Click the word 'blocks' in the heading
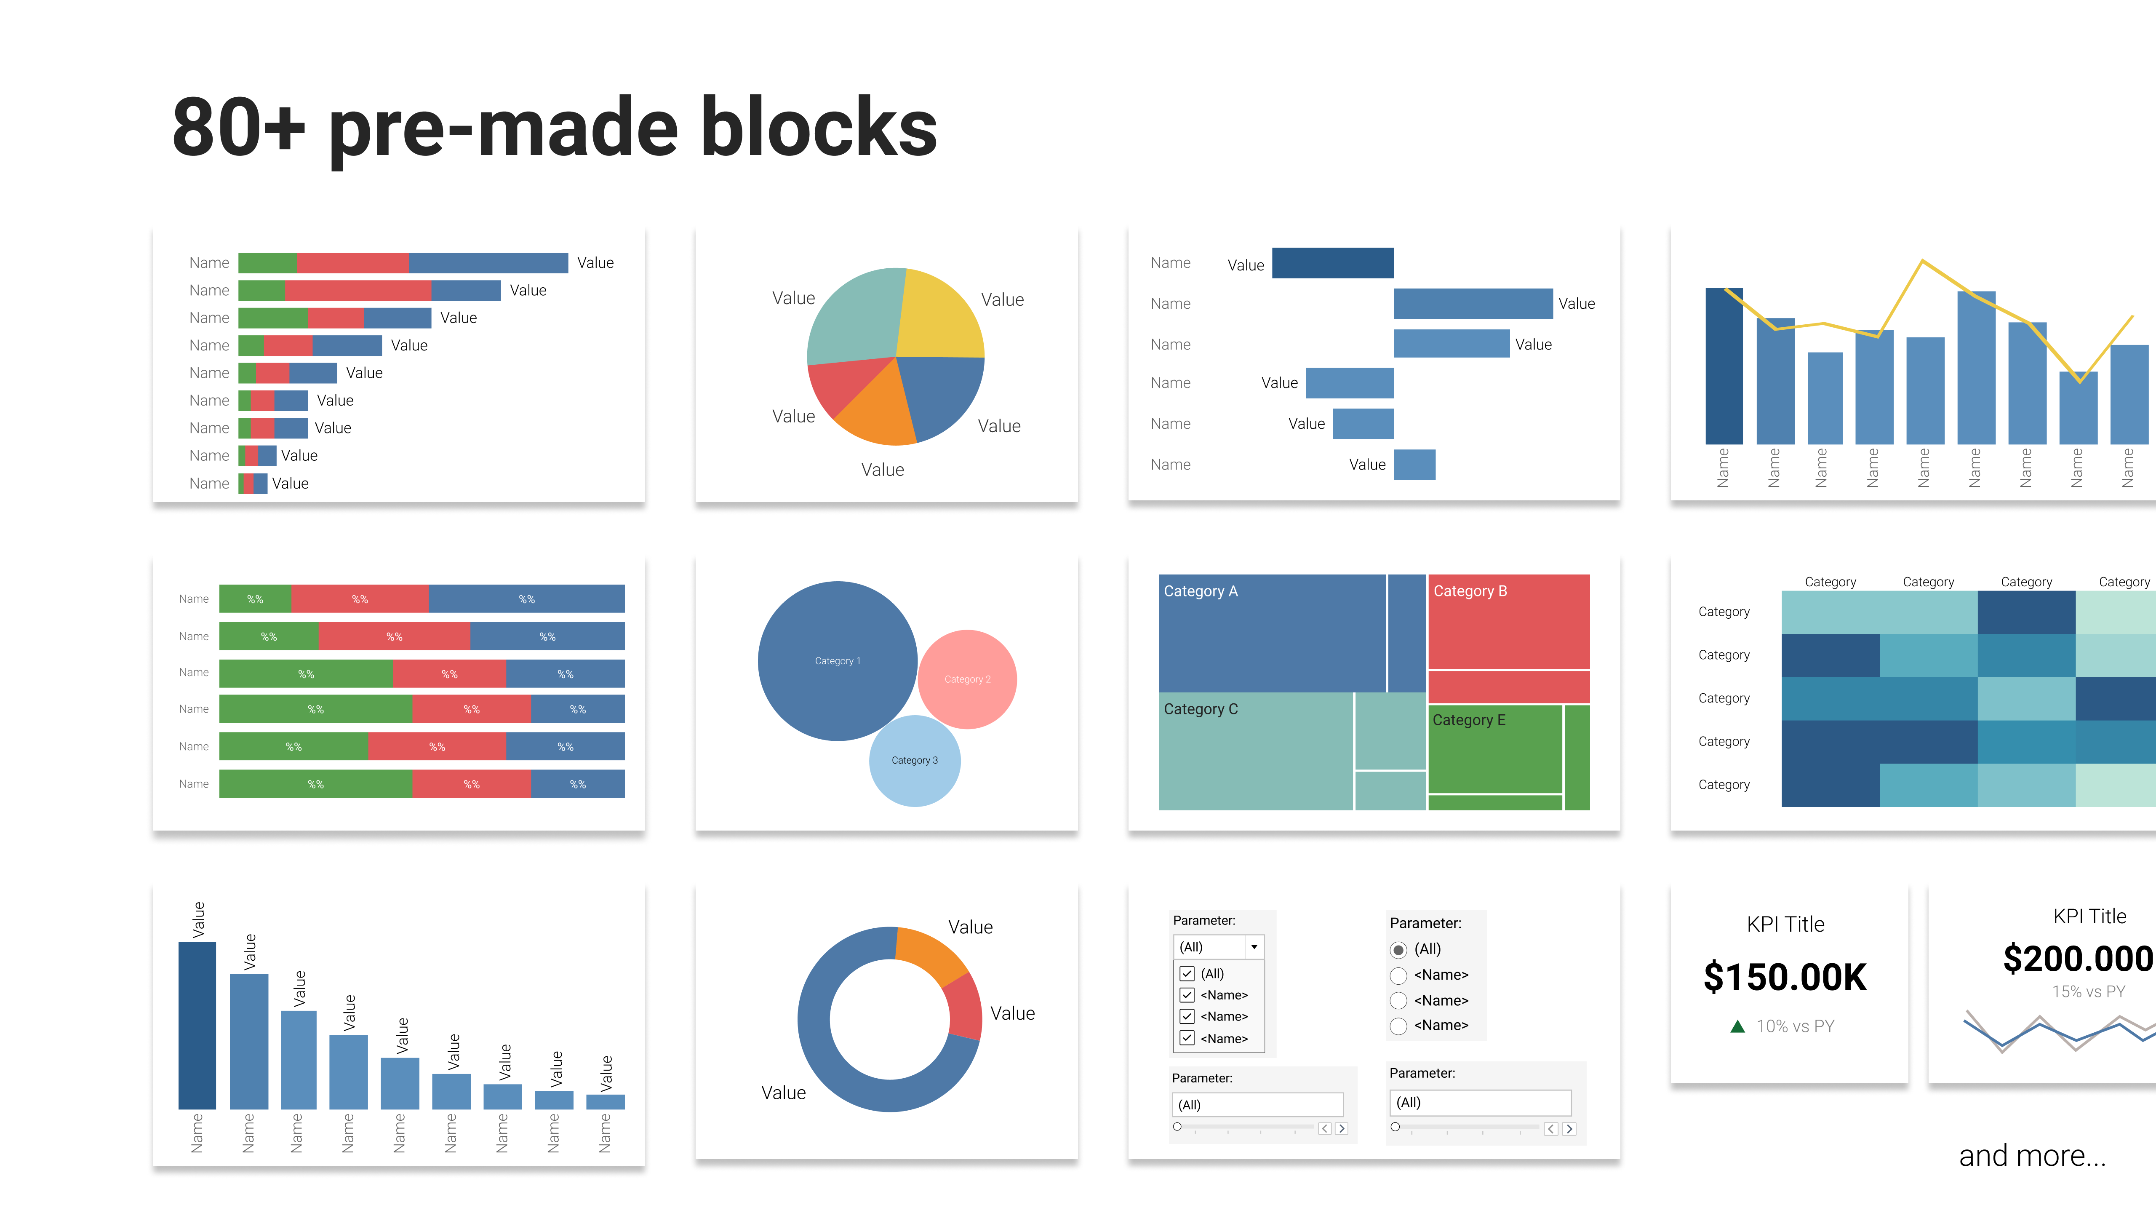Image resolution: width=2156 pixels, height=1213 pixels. coord(819,127)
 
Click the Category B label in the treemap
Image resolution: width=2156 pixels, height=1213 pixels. coord(1470,591)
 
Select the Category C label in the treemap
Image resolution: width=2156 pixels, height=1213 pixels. coord(1200,709)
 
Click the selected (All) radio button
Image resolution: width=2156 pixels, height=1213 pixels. coord(1398,949)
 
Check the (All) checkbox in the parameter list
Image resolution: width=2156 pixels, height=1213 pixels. coord(1187,974)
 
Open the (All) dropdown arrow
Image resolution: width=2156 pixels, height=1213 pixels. coord(1254,947)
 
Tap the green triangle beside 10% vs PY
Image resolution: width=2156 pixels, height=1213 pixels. coord(1737,1026)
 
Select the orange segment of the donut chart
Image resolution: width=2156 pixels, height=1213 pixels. coord(929,954)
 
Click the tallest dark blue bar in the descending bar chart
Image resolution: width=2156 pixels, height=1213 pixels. coord(197,1026)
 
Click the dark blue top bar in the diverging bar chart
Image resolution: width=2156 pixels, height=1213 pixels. coord(1332,263)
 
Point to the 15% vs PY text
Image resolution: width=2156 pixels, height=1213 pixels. coord(2088,991)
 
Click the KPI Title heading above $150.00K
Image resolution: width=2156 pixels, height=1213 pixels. coord(1785,924)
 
